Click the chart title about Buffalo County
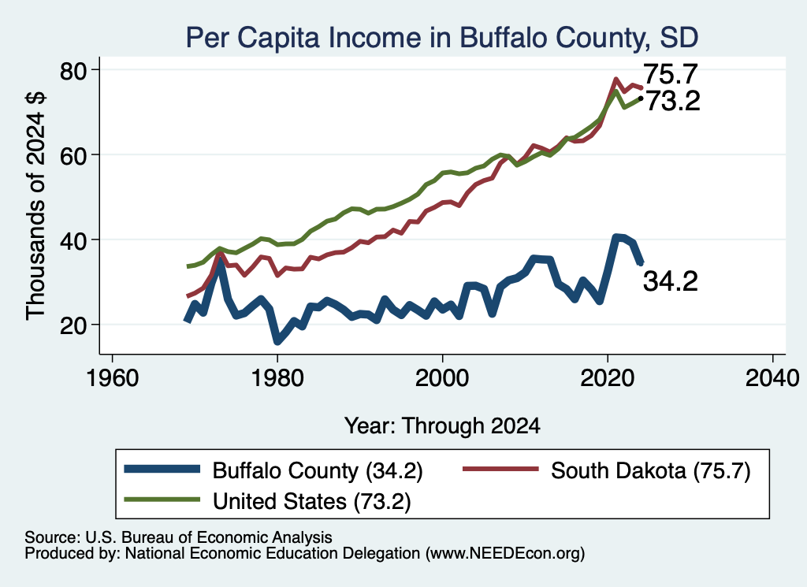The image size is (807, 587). point(441,37)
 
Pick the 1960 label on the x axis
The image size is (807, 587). point(112,378)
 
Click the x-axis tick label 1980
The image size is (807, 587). point(277,378)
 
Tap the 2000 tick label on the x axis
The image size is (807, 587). point(442,378)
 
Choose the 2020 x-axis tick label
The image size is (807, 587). point(608,378)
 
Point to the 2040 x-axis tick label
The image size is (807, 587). point(772,378)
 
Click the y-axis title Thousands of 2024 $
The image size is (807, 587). point(35,206)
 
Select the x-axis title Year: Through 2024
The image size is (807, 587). point(442,426)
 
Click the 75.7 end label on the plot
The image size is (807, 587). point(671,74)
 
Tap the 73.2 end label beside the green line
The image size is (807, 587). point(673,101)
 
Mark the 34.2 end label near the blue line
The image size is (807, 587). point(671,281)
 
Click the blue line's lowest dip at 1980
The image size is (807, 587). point(277,340)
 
